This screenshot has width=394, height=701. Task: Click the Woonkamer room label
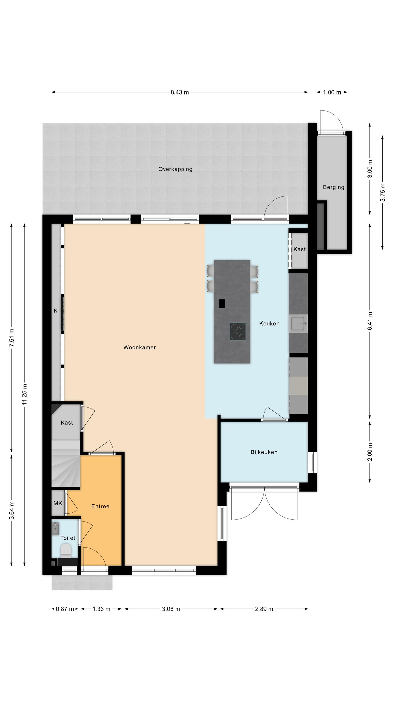[x=140, y=347]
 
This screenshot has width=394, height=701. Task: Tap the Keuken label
[x=269, y=324]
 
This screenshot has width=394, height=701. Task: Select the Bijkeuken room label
[x=264, y=452]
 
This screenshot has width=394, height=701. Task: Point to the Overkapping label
[x=175, y=169]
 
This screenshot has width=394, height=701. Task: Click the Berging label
[x=333, y=187]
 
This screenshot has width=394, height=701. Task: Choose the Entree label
[x=100, y=506]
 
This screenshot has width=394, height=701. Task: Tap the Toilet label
[x=68, y=538]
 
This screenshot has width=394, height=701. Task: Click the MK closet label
[x=58, y=504]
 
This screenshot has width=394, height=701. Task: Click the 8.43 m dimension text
[x=179, y=92]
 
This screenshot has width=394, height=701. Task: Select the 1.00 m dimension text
[x=332, y=92]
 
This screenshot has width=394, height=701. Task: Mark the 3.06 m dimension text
[x=171, y=609]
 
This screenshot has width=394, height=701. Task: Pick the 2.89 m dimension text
[x=264, y=609]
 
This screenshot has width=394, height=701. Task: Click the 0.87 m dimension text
[x=65, y=609]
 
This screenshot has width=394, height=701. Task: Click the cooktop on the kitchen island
[x=238, y=331]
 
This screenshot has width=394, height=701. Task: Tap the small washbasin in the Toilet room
[x=56, y=529]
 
